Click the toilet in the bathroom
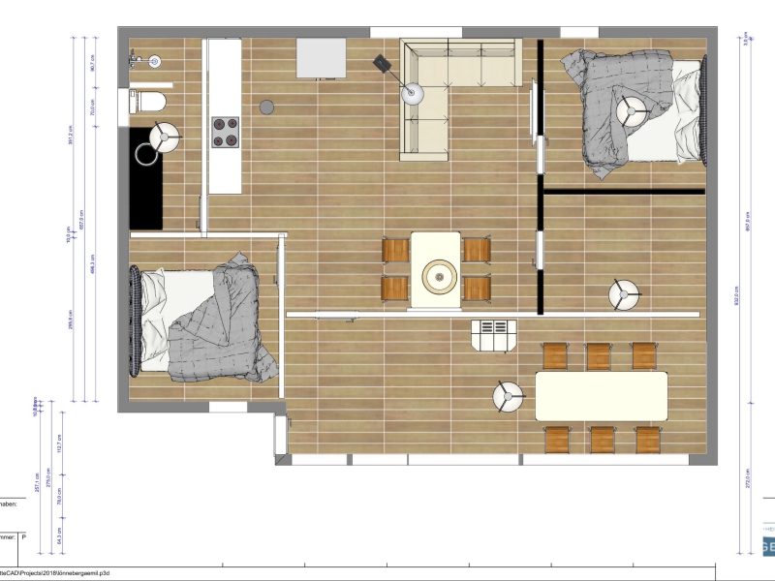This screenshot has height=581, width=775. (x=151, y=101)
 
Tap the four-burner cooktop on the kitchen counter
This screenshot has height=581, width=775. (x=225, y=132)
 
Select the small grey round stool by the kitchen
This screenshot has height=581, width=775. (x=268, y=106)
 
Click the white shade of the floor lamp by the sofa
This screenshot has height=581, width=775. (x=414, y=94)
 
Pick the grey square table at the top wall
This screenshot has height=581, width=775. (x=321, y=57)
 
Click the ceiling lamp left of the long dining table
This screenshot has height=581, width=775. (x=508, y=396)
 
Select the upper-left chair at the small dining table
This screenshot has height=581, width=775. (x=397, y=250)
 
